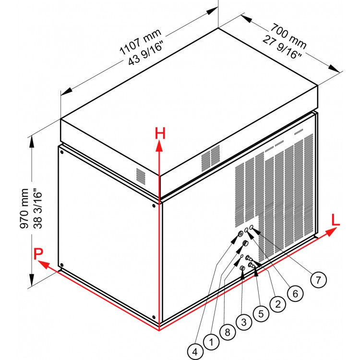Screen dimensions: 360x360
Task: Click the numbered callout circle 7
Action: pos(318,280)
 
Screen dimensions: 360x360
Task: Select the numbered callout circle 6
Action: pos(295,293)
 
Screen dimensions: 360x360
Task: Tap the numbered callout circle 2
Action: pos(278,304)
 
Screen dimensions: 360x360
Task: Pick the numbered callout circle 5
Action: pos(261,313)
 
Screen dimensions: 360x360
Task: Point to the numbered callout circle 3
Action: pos(244,323)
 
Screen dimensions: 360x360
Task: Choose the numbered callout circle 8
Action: pos(228,332)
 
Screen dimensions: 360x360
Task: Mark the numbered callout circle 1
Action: pos(211,342)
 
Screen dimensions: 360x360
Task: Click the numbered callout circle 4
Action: pos(195,351)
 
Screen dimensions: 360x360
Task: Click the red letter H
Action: pos(160,133)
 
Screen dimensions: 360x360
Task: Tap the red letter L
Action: pos(335,220)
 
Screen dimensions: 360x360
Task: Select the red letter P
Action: pos(38,254)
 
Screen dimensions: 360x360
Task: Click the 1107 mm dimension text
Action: pos(141,42)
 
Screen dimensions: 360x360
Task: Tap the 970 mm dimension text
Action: pos(24,208)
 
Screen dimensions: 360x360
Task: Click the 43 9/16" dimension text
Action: pos(146,54)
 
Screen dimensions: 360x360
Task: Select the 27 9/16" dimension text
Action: pos(282,47)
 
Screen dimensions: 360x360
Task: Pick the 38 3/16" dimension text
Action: pos(38,209)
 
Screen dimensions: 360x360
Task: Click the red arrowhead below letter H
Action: pos(159,146)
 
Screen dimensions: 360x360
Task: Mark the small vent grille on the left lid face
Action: pos(141,176)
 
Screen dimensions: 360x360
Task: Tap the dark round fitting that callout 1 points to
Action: pos(245,243)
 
